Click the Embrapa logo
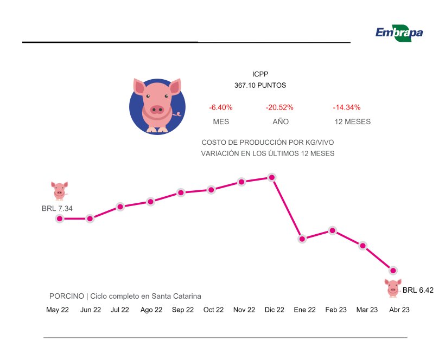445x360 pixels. (x=399, y=33)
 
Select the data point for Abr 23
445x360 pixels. (x=393, y=270)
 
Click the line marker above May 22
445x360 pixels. (x=60, y=218)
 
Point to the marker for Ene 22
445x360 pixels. (x=302, y=239)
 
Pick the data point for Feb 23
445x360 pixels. (x=333, y=230)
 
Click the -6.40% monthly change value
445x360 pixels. (x=221, y=107)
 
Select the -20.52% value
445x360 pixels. (x=279, y=107)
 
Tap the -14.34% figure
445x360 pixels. (x=346, y=107)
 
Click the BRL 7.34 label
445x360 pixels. (x=57, y=208)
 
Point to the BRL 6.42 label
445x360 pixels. (x=418, y=291)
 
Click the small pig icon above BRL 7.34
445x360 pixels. (x=60, y=191)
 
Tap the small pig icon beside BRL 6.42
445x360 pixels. (x=393, y=288)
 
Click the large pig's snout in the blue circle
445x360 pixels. (x=157, y=110)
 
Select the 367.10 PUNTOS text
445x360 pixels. (x=260, y=86)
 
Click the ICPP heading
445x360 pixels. (x=260, y=74)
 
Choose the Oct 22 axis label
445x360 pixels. (x=213, y=310)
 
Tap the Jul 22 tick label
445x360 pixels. (x=120, y=310)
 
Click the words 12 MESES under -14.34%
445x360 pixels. (x=353, y=122)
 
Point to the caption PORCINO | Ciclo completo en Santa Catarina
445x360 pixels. (x=125, y=297)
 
